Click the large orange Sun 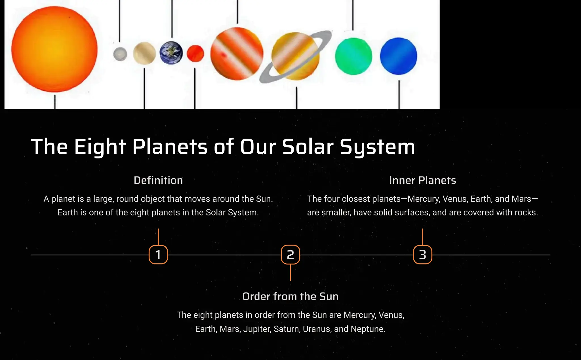[54, 49]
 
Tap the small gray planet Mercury [120, 54]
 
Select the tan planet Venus [144, 53]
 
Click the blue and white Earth [171, 53]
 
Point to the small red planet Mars [195, 53]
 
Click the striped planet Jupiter [237, 54]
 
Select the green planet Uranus [353, 56]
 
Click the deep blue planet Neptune [398, 56]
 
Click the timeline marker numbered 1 [158, 255]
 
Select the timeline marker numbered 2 [290, 255]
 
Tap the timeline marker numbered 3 [422, 255]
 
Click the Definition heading [158, 180]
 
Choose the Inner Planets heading [422, 180]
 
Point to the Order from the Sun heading [290, 296]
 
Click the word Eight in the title [100, 147]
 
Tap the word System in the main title [377, 147]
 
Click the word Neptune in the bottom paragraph [368, 329]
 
